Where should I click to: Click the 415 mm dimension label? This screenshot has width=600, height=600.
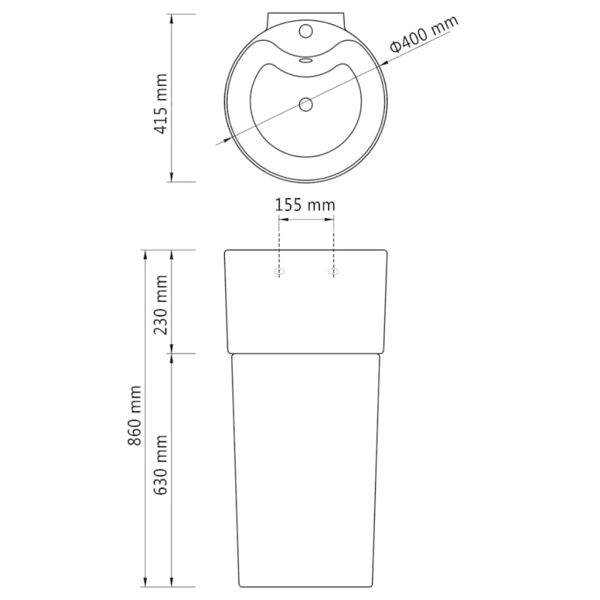[161, 104]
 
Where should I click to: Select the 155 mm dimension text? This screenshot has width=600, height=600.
[305, 205]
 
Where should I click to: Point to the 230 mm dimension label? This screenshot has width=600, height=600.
[161, 304]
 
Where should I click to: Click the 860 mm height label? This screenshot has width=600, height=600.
[135, 416]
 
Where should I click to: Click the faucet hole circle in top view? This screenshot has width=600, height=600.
[305, 31]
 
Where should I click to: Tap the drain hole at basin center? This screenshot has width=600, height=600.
[305, 104]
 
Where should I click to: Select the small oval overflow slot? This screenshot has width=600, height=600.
[305, 60]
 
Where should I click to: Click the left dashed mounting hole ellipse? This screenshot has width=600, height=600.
[279, 271]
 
